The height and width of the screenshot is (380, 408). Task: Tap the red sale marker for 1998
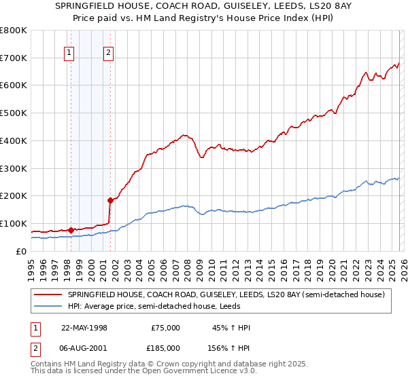[71, 230]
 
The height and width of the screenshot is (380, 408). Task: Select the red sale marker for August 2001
[109, 200]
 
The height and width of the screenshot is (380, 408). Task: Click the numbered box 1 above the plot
[69, 54]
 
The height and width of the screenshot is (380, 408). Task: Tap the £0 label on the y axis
[20, 251]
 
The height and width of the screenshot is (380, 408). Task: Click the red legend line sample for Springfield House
[48, 294]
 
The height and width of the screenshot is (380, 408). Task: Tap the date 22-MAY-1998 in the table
[84, 328]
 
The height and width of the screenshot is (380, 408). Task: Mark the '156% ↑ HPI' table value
[229, 347]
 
